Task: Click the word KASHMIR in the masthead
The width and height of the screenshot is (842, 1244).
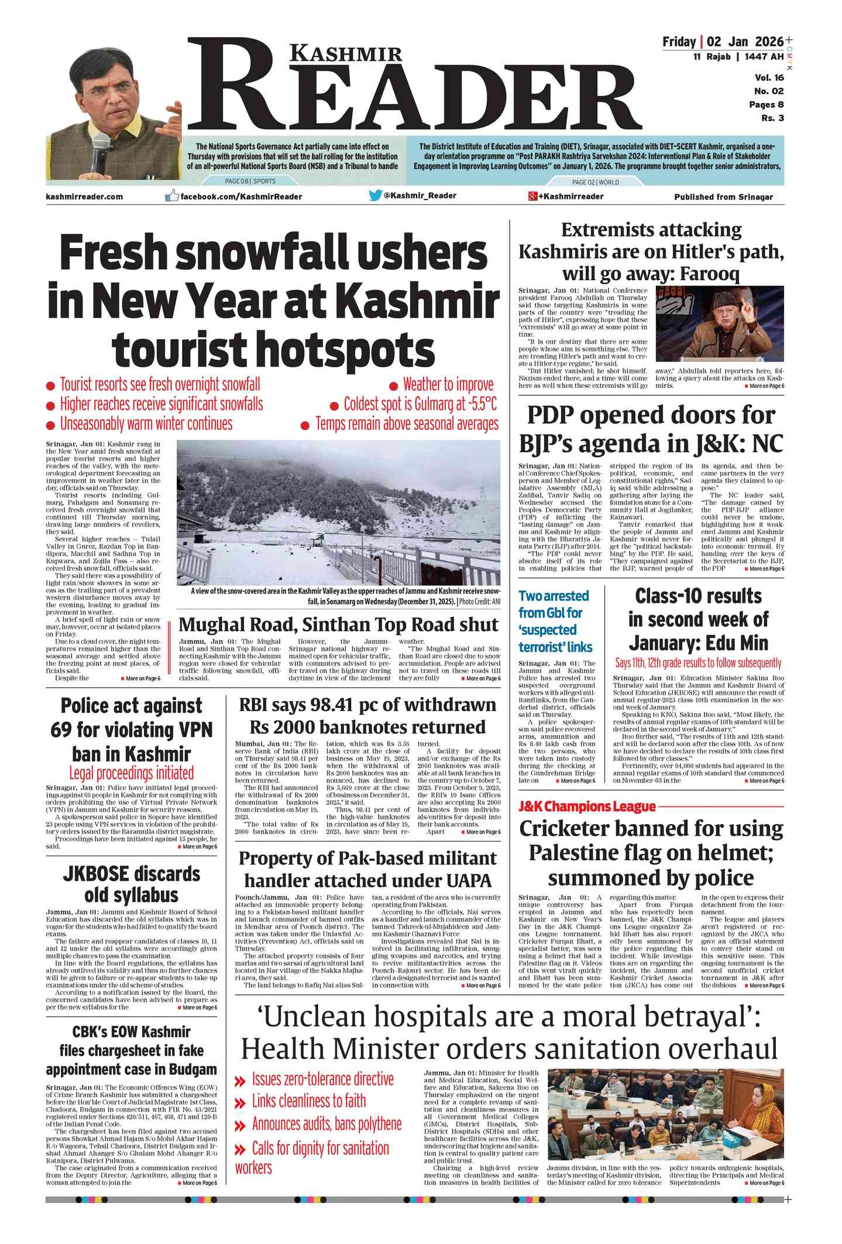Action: [346, 54]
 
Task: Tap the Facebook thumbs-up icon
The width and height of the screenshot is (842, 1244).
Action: [171, 196]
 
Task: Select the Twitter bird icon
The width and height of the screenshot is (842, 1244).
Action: [375, 195]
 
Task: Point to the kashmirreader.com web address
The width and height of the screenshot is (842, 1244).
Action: [84, 197]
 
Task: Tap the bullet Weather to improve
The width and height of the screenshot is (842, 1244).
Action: [448, 384]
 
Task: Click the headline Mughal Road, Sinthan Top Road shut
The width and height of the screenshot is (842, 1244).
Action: [338, 624]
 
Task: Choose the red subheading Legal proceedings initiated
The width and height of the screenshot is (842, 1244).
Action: [131, 773]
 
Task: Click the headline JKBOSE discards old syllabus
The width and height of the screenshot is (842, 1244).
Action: [131, 884]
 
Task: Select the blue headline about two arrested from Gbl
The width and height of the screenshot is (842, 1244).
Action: [555, 621]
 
